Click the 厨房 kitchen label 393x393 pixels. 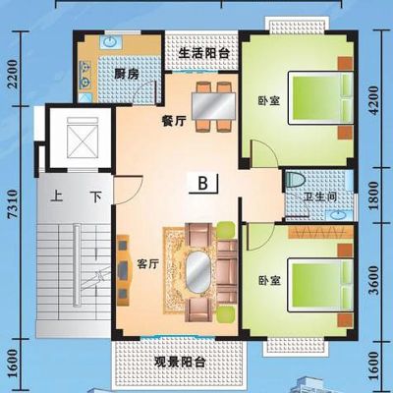tap(127, 75)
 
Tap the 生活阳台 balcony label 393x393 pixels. tap(203, 53)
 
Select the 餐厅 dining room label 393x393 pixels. tap(174, 121)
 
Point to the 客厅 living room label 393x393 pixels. tap(148, 264)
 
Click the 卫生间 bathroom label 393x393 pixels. tap(320, 197)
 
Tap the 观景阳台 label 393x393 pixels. tap(180, 362)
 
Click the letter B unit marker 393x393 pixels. tap(203, 183)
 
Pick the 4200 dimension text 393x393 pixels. tap(374, 100)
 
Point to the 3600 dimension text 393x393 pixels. tap(374, 280)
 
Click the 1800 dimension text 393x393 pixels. tap(374, 196)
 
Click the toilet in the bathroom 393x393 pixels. tap(295, 180)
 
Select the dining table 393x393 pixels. tap(213, 107)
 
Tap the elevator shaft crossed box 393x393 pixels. tap(83, 138)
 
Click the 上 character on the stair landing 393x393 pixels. tap(57, 196)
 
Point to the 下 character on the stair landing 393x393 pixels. tap(96, 196)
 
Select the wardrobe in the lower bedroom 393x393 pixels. tap(320, 232)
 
